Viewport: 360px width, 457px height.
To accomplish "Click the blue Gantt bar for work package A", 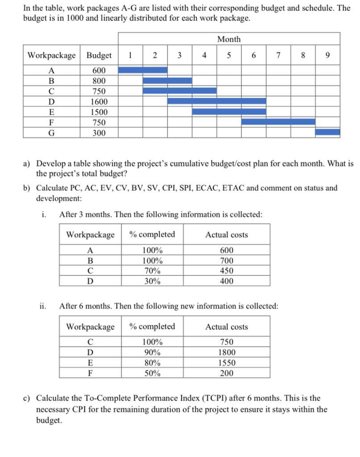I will tap(143, 70).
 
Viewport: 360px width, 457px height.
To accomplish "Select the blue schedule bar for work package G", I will tap(327, 132).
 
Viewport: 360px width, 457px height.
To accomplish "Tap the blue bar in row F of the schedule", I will tap(278, 122).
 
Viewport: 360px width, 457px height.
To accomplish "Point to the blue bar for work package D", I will tap(217, 101).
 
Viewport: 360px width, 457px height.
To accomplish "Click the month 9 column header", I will tap(328, 55).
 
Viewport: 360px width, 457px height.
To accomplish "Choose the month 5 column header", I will tap(229, 55).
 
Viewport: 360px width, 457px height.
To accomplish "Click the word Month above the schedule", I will tap(229, 39).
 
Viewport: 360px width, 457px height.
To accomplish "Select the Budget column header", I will tap(99, 55).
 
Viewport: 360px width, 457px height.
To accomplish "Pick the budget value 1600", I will tap(99, 102).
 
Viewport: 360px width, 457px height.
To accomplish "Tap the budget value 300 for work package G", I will tap(99, 133).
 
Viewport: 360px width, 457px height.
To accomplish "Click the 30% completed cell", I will tap(152, 281).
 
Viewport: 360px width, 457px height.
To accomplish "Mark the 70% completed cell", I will tap(152, 271).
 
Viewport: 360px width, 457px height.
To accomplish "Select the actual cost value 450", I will tap(226, 271).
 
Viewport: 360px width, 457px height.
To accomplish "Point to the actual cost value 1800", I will tap(226, 353).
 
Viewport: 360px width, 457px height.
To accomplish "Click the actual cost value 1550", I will tap(226, 363).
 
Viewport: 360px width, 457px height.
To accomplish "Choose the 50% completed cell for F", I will tap(152, 373).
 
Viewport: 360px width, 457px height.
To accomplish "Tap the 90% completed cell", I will tap(152, 353).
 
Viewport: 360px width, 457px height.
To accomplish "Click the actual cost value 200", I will tap(226, 373).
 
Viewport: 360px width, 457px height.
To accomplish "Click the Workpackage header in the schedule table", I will tap(52, 55).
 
